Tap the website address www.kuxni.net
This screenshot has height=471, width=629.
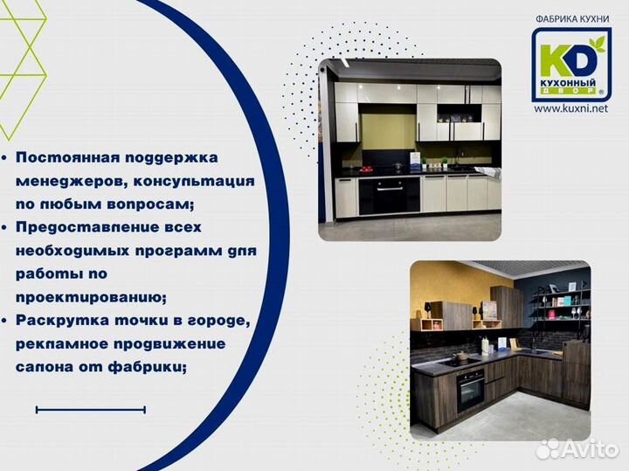tap(570, 109)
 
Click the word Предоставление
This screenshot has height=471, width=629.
tap(83, 227)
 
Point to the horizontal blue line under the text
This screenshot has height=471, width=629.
tap(90, 409)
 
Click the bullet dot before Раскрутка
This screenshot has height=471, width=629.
tap(6, 321)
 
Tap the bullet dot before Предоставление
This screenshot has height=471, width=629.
tap(6, 227)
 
